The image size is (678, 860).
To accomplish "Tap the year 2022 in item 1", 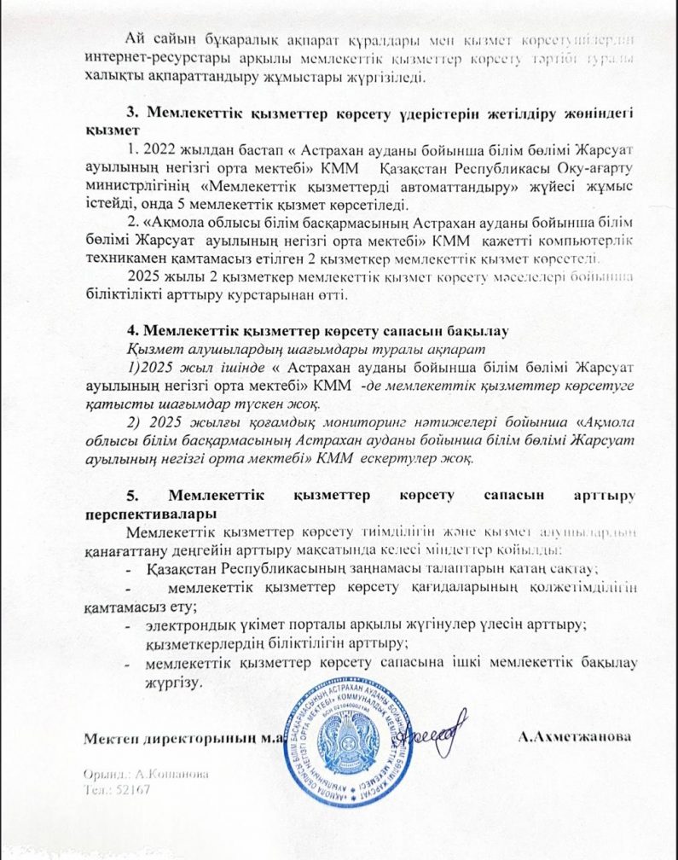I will point(157,149).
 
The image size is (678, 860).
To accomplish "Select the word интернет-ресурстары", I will point(143,58).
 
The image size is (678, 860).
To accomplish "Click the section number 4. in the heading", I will point(132,329).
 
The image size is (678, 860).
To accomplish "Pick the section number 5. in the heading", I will point(132,496).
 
